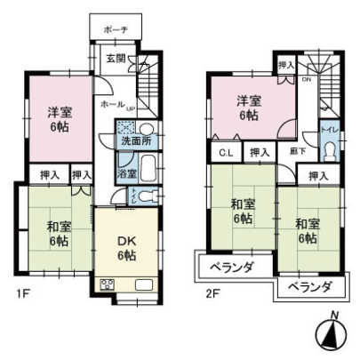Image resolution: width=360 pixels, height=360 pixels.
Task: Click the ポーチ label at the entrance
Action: [116, 29]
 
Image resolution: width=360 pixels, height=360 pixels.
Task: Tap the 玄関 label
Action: [116, 59]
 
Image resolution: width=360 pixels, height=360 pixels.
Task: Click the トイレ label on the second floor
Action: [329, 130]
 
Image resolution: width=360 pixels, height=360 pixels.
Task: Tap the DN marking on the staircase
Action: [305, 80]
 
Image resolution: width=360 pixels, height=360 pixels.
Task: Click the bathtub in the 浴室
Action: [148, 166]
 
